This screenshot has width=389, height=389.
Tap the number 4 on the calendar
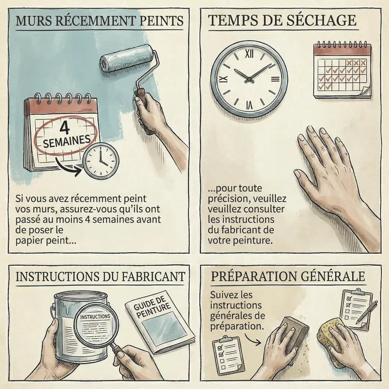[x=65, y=127]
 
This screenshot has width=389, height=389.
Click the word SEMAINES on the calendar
[x=67, y=141]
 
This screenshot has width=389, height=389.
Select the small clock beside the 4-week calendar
[x=101, y=161]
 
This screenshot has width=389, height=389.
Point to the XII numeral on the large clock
[x=249, y=53]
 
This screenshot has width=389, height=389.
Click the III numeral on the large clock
[x=275, y=79]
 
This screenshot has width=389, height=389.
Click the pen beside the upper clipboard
[x=367, y=312]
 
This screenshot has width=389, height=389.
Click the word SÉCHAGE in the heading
[x=321, y=20]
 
